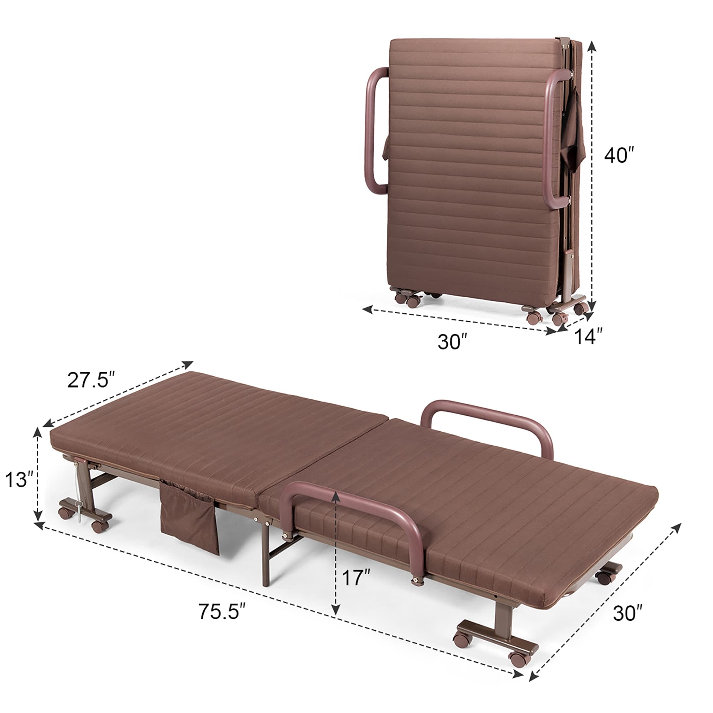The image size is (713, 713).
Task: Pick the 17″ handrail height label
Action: pyautogui.click(x=356, y=577)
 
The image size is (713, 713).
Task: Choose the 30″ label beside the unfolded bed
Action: pyautogui.click(x=628, y=613)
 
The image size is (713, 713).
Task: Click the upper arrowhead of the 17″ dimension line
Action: pyautogui.click(x=335, y=496)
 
